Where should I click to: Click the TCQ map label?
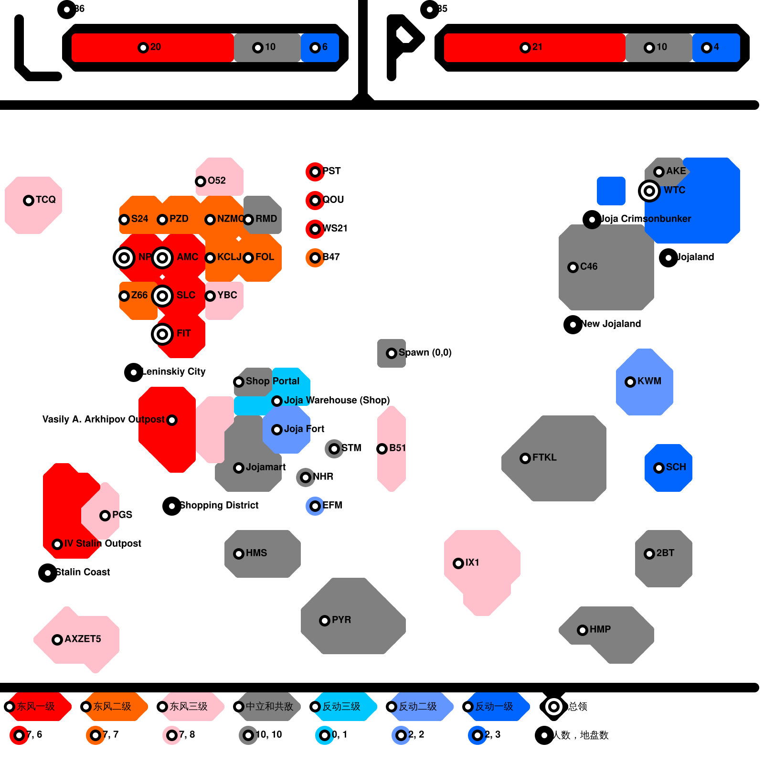45,200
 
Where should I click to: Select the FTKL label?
544,457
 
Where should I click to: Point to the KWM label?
649,381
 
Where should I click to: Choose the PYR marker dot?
325,620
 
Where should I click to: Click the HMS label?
256,553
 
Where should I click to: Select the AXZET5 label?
83,639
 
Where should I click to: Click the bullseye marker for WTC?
649,191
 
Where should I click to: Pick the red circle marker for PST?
315,171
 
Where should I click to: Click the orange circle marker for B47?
315,258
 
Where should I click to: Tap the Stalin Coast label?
83,572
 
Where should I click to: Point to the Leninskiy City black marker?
134,372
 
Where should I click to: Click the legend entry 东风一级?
36,706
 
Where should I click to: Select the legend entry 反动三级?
341,706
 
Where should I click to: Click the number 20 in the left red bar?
156,47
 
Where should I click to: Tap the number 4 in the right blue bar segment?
716,47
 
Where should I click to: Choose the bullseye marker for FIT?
162,334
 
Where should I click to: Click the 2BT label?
665,553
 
